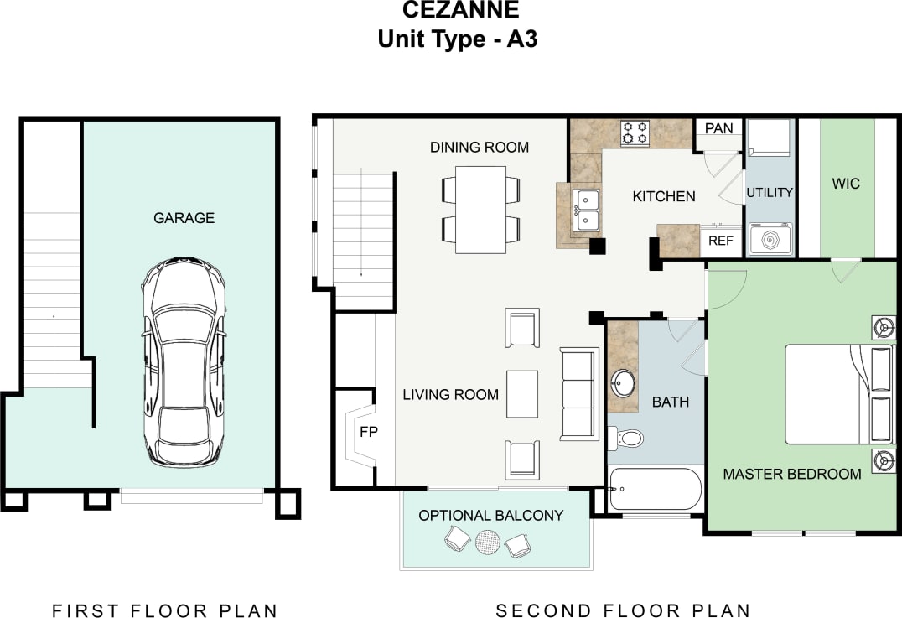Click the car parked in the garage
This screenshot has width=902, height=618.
click(184, 362)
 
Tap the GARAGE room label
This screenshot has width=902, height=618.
click(184, 218)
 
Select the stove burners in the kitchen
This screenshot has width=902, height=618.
click(635, 133)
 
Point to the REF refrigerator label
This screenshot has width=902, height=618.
click(721, 241)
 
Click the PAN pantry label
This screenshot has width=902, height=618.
click(718, 128)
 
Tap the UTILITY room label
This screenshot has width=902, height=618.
click(769, 192)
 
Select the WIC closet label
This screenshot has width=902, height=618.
click(846, 183)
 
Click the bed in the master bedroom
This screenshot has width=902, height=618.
click(838, 393)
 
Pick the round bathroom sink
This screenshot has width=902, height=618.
click(623, 384)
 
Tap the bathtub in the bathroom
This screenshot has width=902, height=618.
click(656, 488)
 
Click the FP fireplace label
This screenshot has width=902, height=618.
click(369, 434)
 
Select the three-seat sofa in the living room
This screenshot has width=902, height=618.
click(578, 394)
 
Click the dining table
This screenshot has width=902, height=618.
click(480, 210)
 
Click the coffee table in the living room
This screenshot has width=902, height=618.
click(522, 393)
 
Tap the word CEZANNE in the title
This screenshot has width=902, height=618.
click(461, 11)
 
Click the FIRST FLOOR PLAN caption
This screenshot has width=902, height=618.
click(164, 610)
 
